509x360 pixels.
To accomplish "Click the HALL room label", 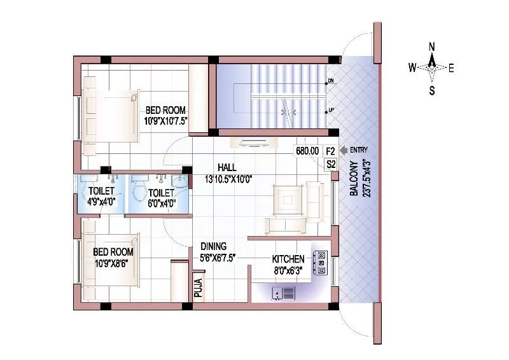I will click(x=226, y=167).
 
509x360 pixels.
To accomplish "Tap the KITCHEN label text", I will click(x=288, y=260).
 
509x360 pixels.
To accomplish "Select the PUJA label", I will click(x=197, y=288).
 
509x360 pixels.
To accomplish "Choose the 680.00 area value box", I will click(x=307, y=151).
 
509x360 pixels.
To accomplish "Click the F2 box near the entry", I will click(x=330, y=151).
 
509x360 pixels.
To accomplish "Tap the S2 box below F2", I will click(x=330, y=164).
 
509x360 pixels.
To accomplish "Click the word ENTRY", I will click(x=359, y=151).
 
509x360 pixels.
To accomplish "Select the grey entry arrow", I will click(x=343, y=151).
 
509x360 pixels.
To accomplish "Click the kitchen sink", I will click(x=284, y=293).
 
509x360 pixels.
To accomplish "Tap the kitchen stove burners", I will click(x=320, y=261).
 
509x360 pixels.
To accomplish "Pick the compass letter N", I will click(x=431, y=46).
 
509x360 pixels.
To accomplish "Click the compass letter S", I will click(x=431, y=90).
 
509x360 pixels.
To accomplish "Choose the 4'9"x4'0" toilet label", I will click(x=101, y=203).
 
